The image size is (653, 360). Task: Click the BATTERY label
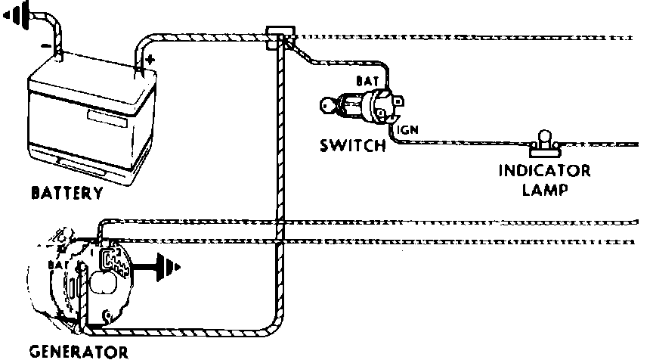pos(67,194)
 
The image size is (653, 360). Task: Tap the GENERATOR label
pos(78,352)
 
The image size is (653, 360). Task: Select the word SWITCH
pos(352,144)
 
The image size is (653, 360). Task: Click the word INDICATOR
pos(544,170)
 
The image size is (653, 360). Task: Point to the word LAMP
pos(544,189)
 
